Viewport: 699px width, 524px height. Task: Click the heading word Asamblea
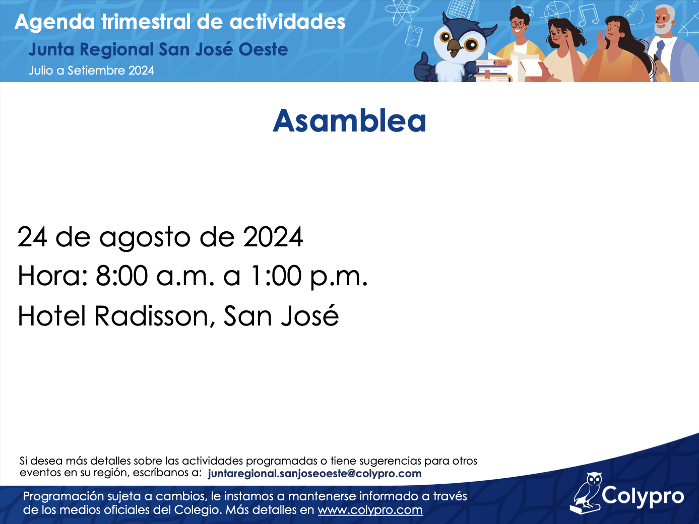pyautogui.click(x=349, y=121)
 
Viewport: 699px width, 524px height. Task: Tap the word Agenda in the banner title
pyautogui.click(x=54, y=22)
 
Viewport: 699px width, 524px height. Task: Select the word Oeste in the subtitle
pyautogui.click(x=263, y=50)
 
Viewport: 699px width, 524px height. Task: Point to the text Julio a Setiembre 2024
pyautogui.click(x=91, y=71)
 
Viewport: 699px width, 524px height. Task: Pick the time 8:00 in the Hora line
pyautogui.click(x=121, y=276)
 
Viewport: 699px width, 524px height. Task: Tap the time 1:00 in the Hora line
pyautogui.click(x=276, y=276)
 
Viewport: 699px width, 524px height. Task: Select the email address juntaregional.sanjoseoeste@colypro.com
pyautogui.click(x=314, y=474)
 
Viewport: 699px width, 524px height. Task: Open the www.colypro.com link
pyautogui.click(x=370, y=510)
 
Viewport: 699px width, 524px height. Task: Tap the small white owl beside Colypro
pyautogui.click(x=586, y=493)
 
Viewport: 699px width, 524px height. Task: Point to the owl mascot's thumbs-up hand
pyautogui.click(x=424, y=69)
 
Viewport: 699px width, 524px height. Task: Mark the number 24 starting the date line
pyautogui.click(x=32, y=237)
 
